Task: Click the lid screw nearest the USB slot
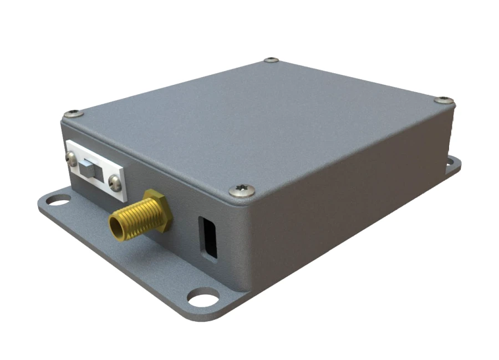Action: tap(242, 190)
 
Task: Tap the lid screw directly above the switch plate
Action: tap(73, 114)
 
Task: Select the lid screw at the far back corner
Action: tap(271, 59)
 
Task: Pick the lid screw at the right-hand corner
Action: tap(444, 100)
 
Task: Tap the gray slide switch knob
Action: tap(88, 167)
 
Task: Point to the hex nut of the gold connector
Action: tap(156, 209)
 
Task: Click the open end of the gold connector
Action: tap(116, 225)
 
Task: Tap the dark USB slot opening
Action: tap(208, 237)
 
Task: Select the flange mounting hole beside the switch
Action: tap(58, 199)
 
